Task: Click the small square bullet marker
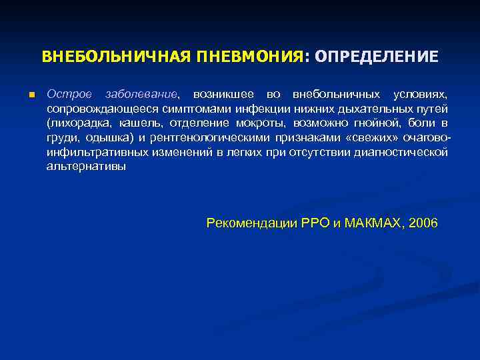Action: point(31,95)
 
